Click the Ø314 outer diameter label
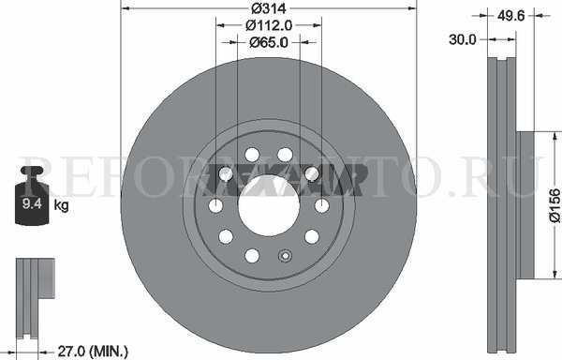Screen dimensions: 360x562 click(268, 8)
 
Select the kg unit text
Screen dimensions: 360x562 click(61, 204)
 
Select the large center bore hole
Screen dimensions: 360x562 click(268, 205)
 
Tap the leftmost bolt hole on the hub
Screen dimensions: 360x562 click(215, 205)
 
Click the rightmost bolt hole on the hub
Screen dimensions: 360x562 click(321, 205)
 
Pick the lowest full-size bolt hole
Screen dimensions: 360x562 click(251, 256)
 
